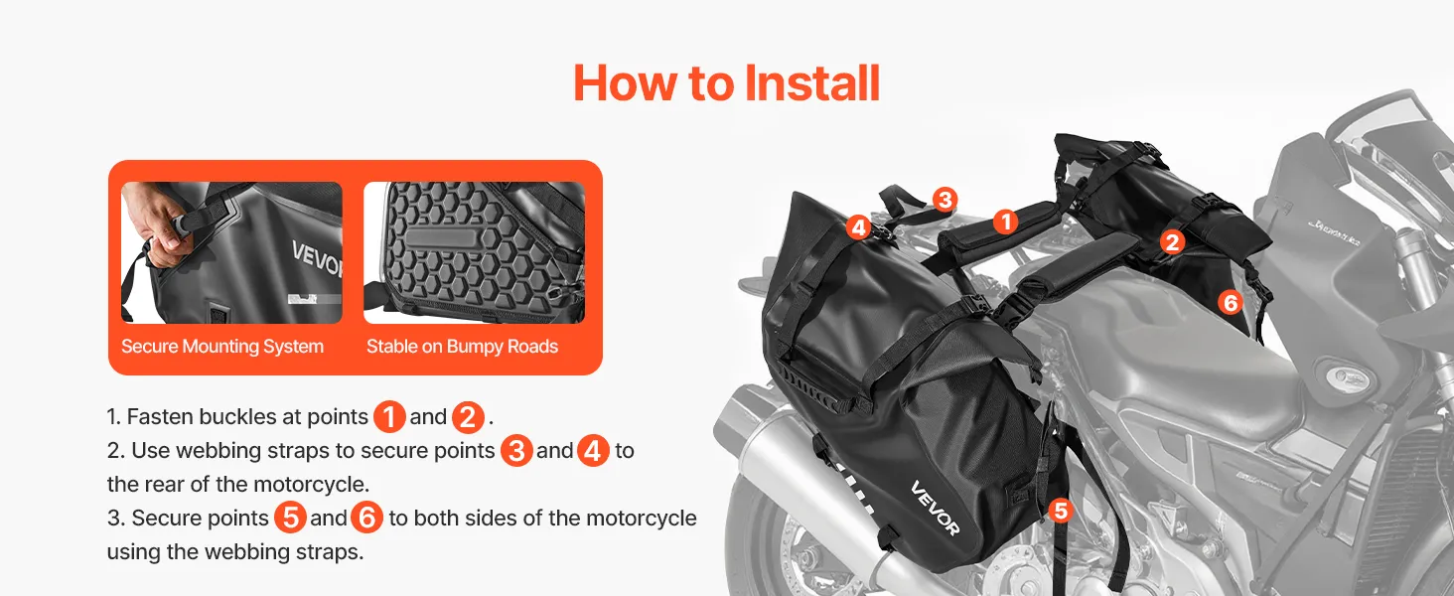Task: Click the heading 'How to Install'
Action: pos(726,83)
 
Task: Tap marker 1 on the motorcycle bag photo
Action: pos(1006,222)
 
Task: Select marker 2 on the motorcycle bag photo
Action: pos(1172,242)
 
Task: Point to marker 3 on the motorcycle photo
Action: pos(945,200)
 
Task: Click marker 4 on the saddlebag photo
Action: pos(858,227)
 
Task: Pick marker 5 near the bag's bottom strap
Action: pos(1061,511)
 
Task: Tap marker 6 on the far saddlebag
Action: pos(1230,302)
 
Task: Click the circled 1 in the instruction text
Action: pos(389,417)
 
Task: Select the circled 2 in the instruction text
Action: pos(468,417)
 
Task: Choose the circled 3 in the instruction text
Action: pos(516,451)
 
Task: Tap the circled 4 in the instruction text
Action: pos(593,451)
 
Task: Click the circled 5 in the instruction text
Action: pos(290,518)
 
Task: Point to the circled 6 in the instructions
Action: pos(366,518)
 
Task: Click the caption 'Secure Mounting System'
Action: pos(222,346)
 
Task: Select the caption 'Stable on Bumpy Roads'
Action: pos(462,346)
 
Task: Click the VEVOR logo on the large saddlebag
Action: pos(935,509)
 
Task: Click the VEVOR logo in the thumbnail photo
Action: pos(317,258)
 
